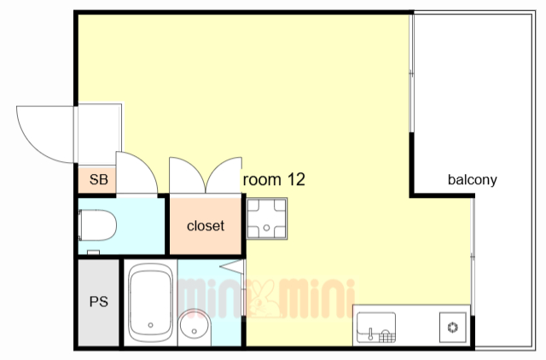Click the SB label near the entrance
[99, 180]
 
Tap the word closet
[206, 226]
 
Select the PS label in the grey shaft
[99, 301]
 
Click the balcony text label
[472, 180]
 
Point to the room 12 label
[274, 180]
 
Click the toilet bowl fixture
[97, 225]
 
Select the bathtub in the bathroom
[150, 302]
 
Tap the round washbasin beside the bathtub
[194, 327]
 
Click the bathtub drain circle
[150, 325]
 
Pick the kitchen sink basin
[376, 327]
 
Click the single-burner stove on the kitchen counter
[453, 328]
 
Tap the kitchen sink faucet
[370, 334]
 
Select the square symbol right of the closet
[267, 218]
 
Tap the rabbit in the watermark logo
[264, 299]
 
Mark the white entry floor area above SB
[99, 135]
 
